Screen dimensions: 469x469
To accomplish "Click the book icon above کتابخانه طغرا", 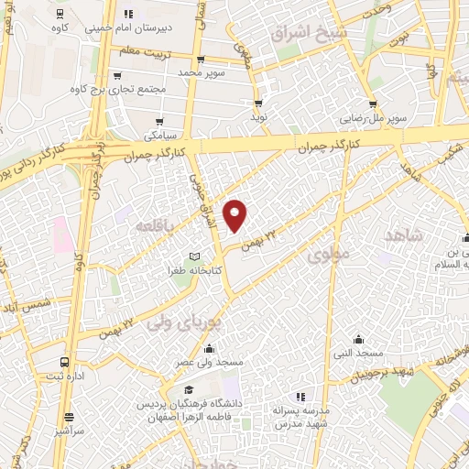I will coord(192,256).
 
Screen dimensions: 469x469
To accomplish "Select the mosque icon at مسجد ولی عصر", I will coord(210,348).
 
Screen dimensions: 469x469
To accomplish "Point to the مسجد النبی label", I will coord(358,353).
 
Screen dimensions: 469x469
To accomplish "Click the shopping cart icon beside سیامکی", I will coord(161,122).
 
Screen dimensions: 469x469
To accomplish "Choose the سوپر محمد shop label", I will coord(201,71).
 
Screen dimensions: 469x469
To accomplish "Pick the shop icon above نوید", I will coord(259,103).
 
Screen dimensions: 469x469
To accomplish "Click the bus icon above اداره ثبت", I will coord(63,362).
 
